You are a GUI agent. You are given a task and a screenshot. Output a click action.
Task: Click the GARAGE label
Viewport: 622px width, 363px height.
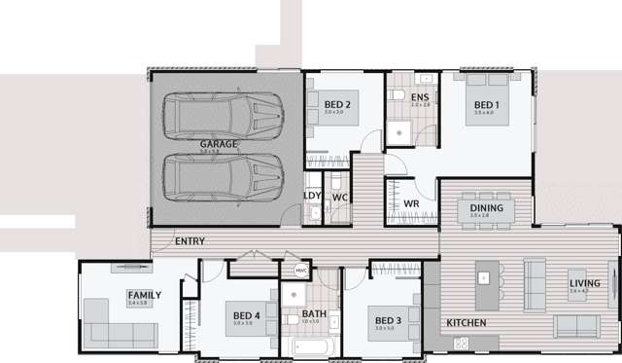(219, 144)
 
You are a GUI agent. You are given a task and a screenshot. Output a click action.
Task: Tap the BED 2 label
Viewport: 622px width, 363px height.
(336, 104)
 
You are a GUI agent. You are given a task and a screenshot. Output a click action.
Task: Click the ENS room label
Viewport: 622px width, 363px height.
(420, 98)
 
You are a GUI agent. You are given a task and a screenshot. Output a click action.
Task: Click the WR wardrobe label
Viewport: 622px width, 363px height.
(411, 203)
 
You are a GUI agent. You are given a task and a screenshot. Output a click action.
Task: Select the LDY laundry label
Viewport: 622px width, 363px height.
(312, 196)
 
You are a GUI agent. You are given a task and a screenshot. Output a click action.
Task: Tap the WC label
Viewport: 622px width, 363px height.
(340, 198)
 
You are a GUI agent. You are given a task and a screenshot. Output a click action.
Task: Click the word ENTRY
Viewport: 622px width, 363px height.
(189, 240)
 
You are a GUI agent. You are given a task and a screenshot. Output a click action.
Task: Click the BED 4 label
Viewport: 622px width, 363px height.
(247, 314)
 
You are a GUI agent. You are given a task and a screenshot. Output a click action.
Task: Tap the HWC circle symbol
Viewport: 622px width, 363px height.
(300, 271)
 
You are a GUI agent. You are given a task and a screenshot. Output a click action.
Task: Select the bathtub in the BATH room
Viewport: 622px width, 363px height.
(311, 348)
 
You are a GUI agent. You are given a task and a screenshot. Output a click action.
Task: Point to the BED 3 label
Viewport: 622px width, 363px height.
(387, 320)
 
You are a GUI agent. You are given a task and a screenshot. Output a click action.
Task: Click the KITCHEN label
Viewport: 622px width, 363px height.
(466, 322)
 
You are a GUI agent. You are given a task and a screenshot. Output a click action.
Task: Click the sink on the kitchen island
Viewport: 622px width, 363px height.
(483, 278)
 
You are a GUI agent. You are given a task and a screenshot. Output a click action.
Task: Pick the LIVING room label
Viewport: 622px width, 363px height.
(585, 284)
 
